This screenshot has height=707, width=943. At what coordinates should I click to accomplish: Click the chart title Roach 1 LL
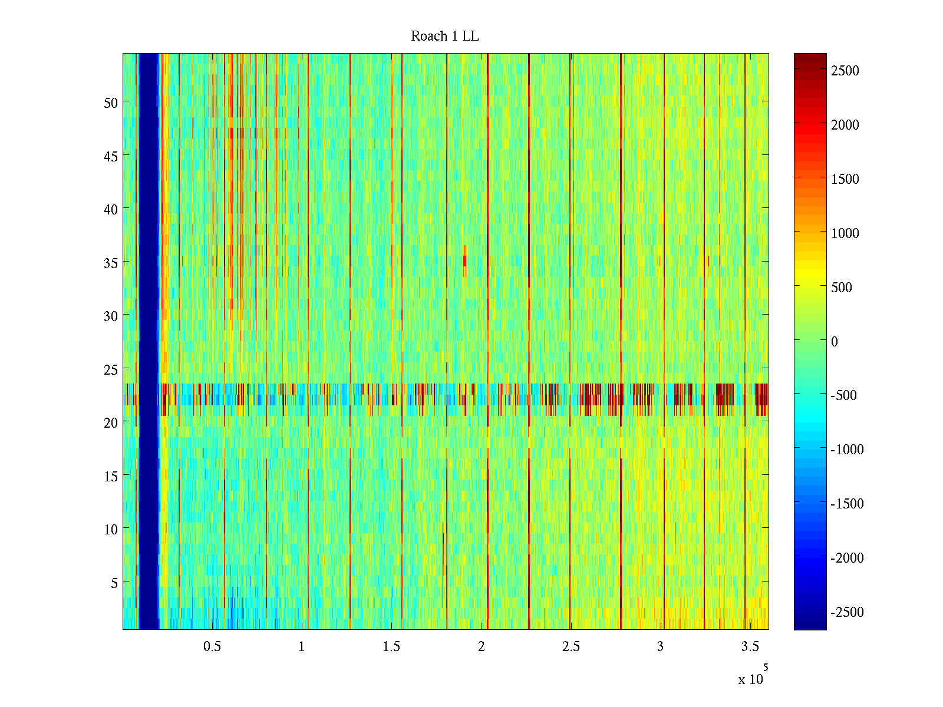[x=444, y=37]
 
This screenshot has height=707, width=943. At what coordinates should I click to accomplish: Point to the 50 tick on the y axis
[x=111, y=103]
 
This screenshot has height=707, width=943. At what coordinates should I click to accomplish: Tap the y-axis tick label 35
[x=111, y=263]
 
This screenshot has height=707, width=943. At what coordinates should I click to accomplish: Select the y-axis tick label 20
[x=111, y=422]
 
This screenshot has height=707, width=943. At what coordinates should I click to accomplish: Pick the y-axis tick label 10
[x=111, y=529]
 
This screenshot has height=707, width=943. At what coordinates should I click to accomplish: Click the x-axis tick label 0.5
[x=212, y=646]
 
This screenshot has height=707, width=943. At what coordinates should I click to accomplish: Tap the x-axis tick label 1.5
[x=391, y=646]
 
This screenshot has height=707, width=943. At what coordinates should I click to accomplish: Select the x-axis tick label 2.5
[x=571, y=646]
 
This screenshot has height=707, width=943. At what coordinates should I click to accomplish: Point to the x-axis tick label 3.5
[x=750, y=646]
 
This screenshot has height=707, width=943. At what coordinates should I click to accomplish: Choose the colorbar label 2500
[x=845, y=71]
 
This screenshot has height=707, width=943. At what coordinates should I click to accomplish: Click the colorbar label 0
[x=834, y=342]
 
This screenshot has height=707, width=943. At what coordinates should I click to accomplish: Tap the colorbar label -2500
[x=847, y=612]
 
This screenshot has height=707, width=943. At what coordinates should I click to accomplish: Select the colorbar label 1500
[x=845, y=179]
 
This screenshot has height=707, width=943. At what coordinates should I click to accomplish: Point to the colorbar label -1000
[x=847, y=450]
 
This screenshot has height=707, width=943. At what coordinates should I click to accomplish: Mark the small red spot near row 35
[x=464, y=257]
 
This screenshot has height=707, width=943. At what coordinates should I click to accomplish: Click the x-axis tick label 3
[x=660, y=646]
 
